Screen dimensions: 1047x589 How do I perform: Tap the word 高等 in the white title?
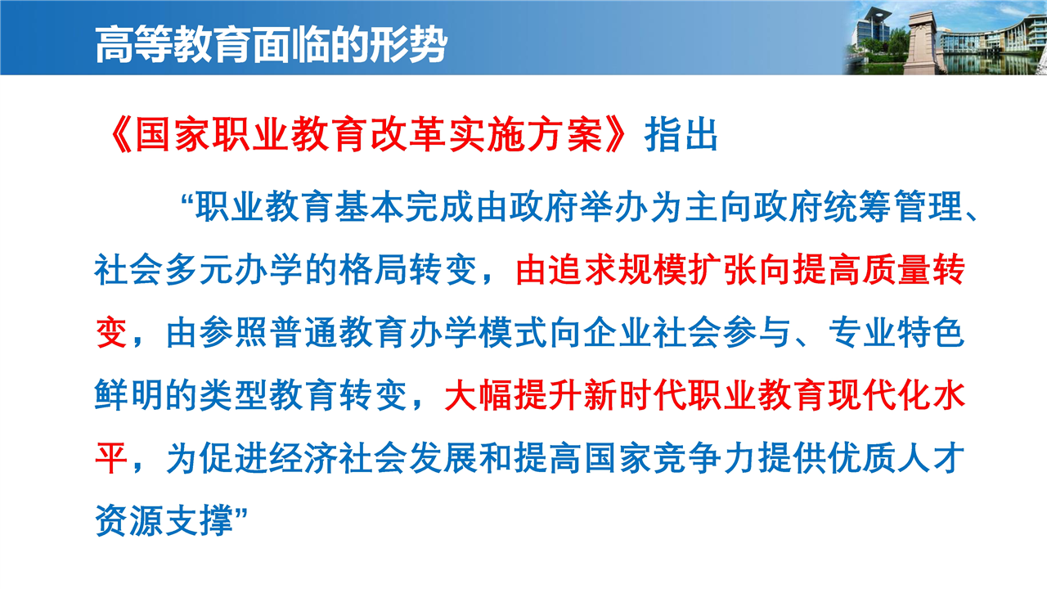133,44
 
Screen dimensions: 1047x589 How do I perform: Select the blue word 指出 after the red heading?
681,135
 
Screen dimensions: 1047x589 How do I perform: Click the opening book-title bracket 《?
120,135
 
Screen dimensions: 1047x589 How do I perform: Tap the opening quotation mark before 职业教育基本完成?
187,201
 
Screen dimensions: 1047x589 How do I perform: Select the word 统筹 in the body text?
856,207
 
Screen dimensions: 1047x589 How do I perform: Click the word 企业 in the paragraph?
618,332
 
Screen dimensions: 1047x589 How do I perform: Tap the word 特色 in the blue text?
932,332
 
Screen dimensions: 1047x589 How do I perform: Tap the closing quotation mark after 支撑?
240,515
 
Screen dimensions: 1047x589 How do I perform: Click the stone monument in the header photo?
923,44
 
